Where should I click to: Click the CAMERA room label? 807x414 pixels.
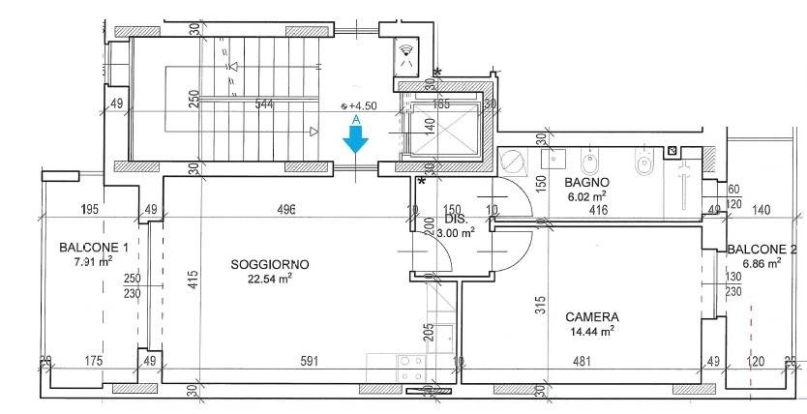592,316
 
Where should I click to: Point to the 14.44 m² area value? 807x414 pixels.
592,331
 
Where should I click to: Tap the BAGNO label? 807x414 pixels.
586,181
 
